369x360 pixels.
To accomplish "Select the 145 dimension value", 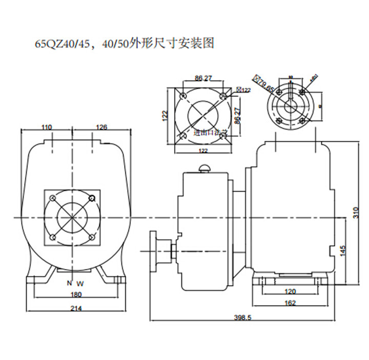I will coord(343,251).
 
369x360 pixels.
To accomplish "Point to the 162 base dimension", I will coord(290,303).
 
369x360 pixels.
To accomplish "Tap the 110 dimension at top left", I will coord(47,127).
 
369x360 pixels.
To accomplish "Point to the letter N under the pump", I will coord(69,283).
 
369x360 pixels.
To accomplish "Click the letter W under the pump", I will coord(79,283).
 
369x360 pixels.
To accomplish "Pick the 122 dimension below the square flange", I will coord(203,151).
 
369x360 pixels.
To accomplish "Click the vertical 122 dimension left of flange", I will coord(166,116).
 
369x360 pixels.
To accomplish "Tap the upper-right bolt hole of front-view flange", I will coord(92,198).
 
